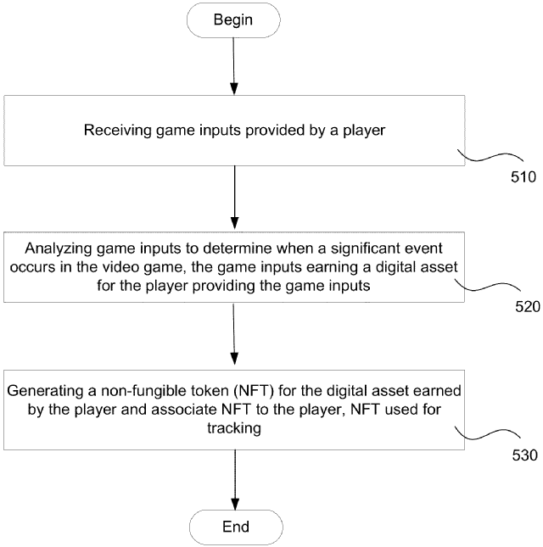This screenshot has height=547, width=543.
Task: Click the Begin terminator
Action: [x=234, y=19]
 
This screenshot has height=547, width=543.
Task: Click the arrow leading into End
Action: [x=234, y=480]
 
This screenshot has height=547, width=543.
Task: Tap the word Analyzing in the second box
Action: [x=59, y=250]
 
